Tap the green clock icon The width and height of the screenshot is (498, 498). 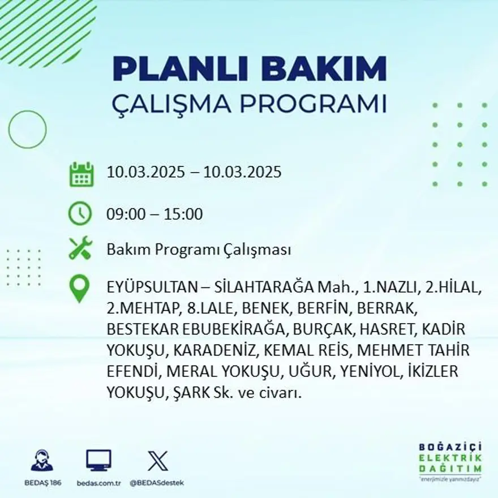pyautogui.click(x=80, y=214)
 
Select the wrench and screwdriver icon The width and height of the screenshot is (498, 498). pyautogui.click(x=80, y=249)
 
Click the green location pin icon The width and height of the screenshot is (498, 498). pyautogui.click(x=80, y=289)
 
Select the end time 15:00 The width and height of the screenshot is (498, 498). pyautogui.click(x=183, y=214)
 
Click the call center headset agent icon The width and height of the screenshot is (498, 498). pyautogui.click(x=42, y=461)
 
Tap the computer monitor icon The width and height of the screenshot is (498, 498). pyautogui.click(x=98, y=461)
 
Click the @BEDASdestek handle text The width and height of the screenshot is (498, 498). pyautogui.click(x=157, y=483)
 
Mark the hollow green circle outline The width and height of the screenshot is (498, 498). pyautogui.click(x=28, y=130)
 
